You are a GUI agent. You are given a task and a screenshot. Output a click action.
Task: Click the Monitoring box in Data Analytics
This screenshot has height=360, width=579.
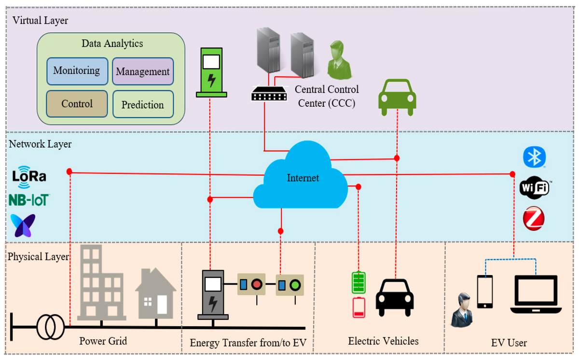tap(77, 71)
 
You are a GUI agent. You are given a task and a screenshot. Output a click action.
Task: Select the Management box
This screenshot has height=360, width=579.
tap(143, 71)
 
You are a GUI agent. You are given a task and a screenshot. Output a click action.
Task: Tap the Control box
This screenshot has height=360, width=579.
tap(77, 104)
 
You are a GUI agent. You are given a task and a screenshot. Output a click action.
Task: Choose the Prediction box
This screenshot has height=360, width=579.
tap(143, 104)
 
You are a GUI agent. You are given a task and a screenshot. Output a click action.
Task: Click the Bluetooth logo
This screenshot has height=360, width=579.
tap(534, 157)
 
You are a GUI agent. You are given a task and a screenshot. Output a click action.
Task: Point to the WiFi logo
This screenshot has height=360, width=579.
tap(534, 188)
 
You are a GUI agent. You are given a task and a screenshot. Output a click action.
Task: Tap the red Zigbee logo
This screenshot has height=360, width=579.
tap(534, 219)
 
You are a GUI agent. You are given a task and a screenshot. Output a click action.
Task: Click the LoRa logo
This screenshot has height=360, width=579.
tap(29, 177)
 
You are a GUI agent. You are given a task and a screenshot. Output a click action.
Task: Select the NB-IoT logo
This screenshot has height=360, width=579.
tap(29, 200)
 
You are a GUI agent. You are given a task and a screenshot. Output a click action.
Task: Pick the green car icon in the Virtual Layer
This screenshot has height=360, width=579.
tap(397, 97)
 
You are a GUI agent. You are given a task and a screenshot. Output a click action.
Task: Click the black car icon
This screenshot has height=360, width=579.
tap(395, 297)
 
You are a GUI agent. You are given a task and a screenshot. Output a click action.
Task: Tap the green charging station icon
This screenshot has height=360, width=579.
tap(211, 72)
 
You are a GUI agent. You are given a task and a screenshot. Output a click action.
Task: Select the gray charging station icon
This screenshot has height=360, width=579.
tap(213, 295)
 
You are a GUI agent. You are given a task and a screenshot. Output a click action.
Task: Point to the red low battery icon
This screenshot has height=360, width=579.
tap(359, 307)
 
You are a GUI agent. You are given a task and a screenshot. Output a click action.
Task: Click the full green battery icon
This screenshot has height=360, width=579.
tap(358, 282)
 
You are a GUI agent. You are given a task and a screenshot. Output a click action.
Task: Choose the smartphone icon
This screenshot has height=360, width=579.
tap(484, 292)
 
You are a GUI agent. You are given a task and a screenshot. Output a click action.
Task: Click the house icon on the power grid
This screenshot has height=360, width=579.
tap(155, 293)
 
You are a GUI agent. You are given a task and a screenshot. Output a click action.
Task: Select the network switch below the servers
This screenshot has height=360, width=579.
tap(269, 93)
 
